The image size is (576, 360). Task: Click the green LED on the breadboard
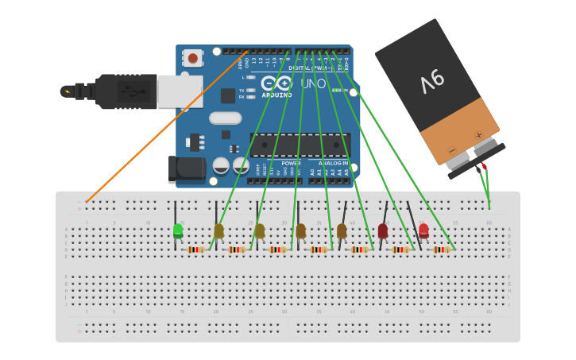[x=178, y=231]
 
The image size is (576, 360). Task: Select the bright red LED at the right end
[x=423, y=230]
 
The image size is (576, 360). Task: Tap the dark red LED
[x=383, y=230]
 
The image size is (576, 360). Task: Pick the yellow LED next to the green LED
[x=218, y=230]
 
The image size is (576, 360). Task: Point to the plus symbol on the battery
[x=478, y=135]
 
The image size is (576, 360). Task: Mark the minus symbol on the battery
[x=451, y=150]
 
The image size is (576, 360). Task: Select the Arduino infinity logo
[x=276, y=83]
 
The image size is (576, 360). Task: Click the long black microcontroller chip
[x=300, y=145]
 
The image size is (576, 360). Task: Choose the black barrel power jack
[x=187, y=169]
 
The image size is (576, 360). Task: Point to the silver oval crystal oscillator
[x=225, y=118]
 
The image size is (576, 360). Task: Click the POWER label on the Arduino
[x=291, y=163]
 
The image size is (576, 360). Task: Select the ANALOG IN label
[x=333, y=163]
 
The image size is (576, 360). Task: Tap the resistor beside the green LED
[x=195, y=250]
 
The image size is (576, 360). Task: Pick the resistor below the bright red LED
[x=441, y=250]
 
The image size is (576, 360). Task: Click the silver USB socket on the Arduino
[x=180, y=91]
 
